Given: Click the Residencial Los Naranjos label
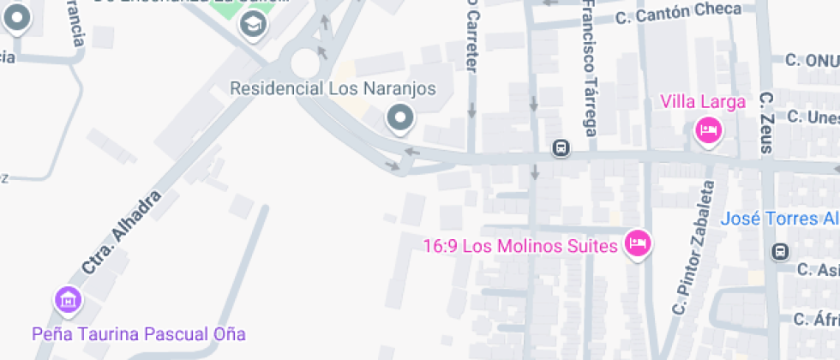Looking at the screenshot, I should click(x=333, y=89).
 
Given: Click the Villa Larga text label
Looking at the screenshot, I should click(x=703, y=102).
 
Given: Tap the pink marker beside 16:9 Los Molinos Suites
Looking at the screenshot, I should click(x=637, y=243).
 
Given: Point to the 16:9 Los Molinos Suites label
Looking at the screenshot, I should click(x=520, y=247).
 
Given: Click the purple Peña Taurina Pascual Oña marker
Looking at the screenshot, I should click(x=68, y=300).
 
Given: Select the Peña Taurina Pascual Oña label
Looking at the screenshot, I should click(x=139, y=333).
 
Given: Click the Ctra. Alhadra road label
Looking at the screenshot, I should click(x=123, y=232).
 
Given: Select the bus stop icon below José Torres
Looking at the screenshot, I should click(x=780, y=252).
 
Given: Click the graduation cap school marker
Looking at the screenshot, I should click(x=253, y=24).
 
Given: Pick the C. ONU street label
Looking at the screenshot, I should click(x=811, y=60).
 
